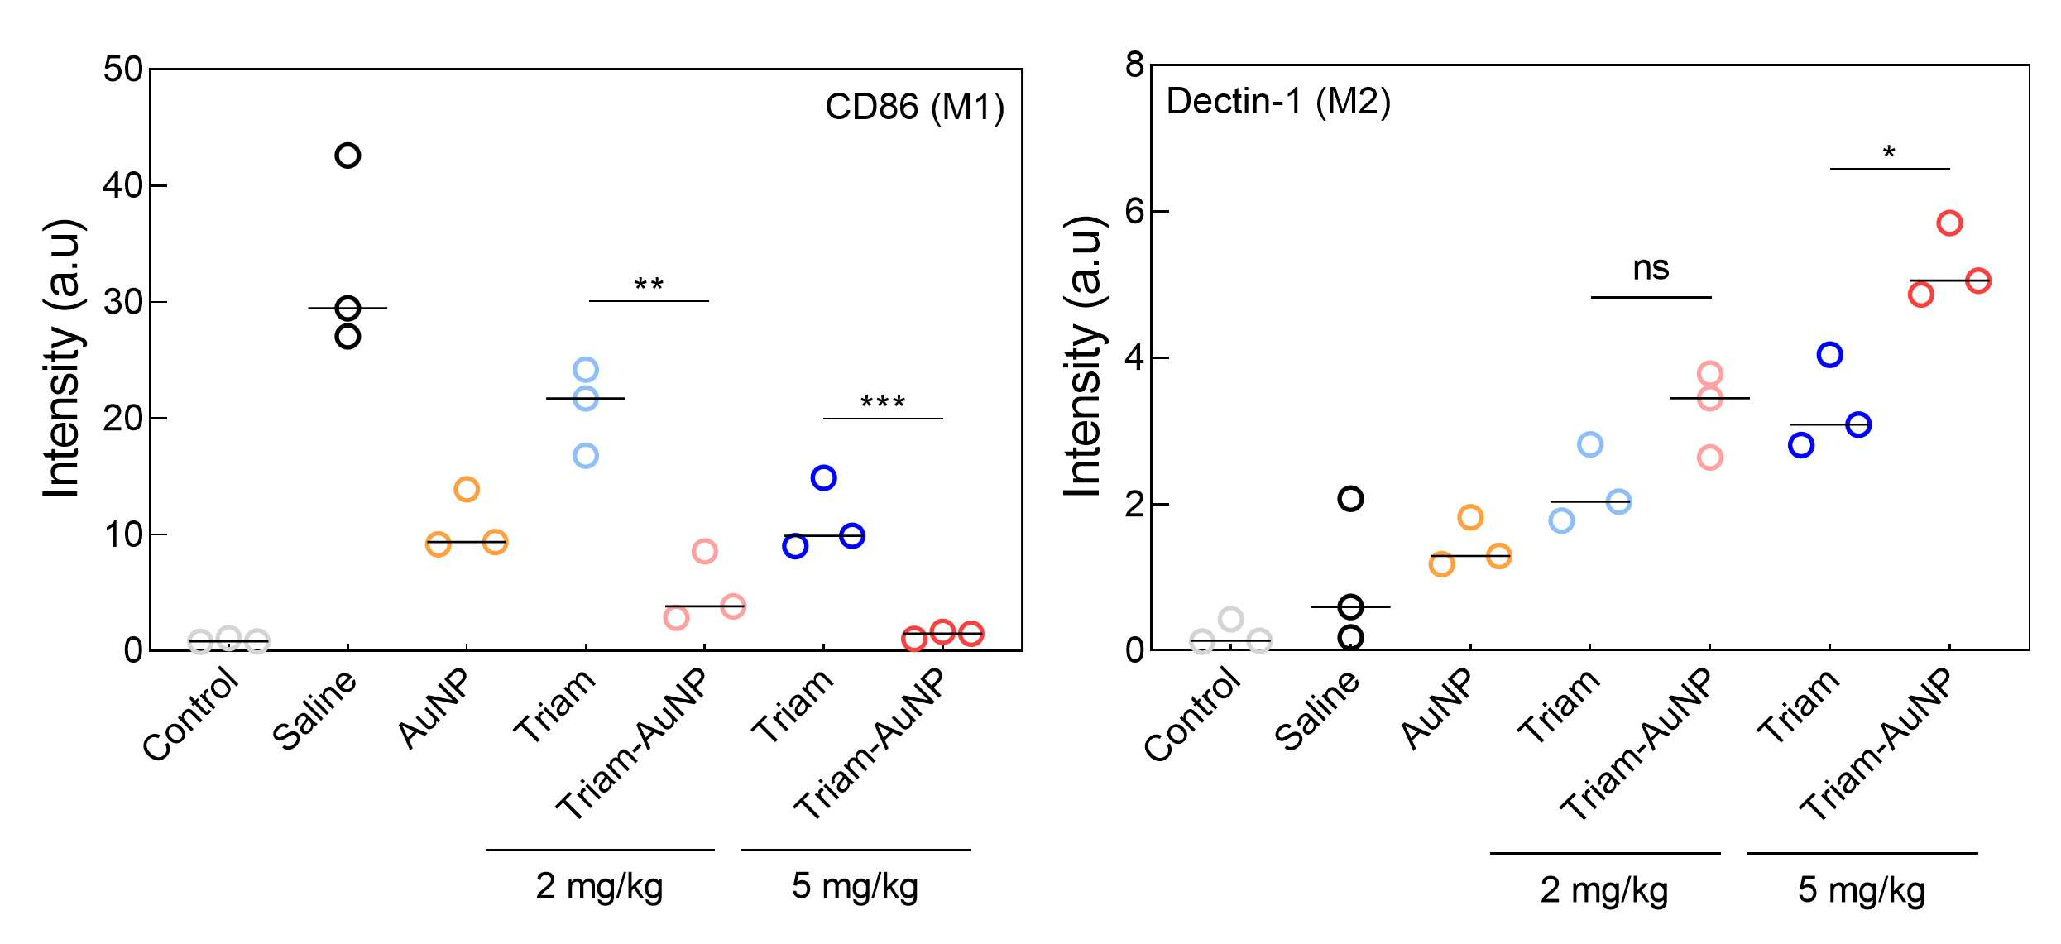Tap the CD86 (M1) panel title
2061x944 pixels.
tap(914, 108)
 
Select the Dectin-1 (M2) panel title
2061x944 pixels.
tap(1278, 102)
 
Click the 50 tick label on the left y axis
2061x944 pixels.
tap(123, 69)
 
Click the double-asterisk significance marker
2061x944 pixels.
tap(649, 285)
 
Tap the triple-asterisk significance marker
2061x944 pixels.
tap(883, 402)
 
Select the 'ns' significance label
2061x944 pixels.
tap(1651, 268)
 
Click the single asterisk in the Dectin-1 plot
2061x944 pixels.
tap(1889, 153)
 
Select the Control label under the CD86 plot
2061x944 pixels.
tap(191, 714)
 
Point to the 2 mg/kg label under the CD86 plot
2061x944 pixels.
tap(599, 887)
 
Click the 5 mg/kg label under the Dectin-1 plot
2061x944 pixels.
tap(1862, 890)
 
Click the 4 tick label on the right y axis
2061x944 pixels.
tap(1134, 357)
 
